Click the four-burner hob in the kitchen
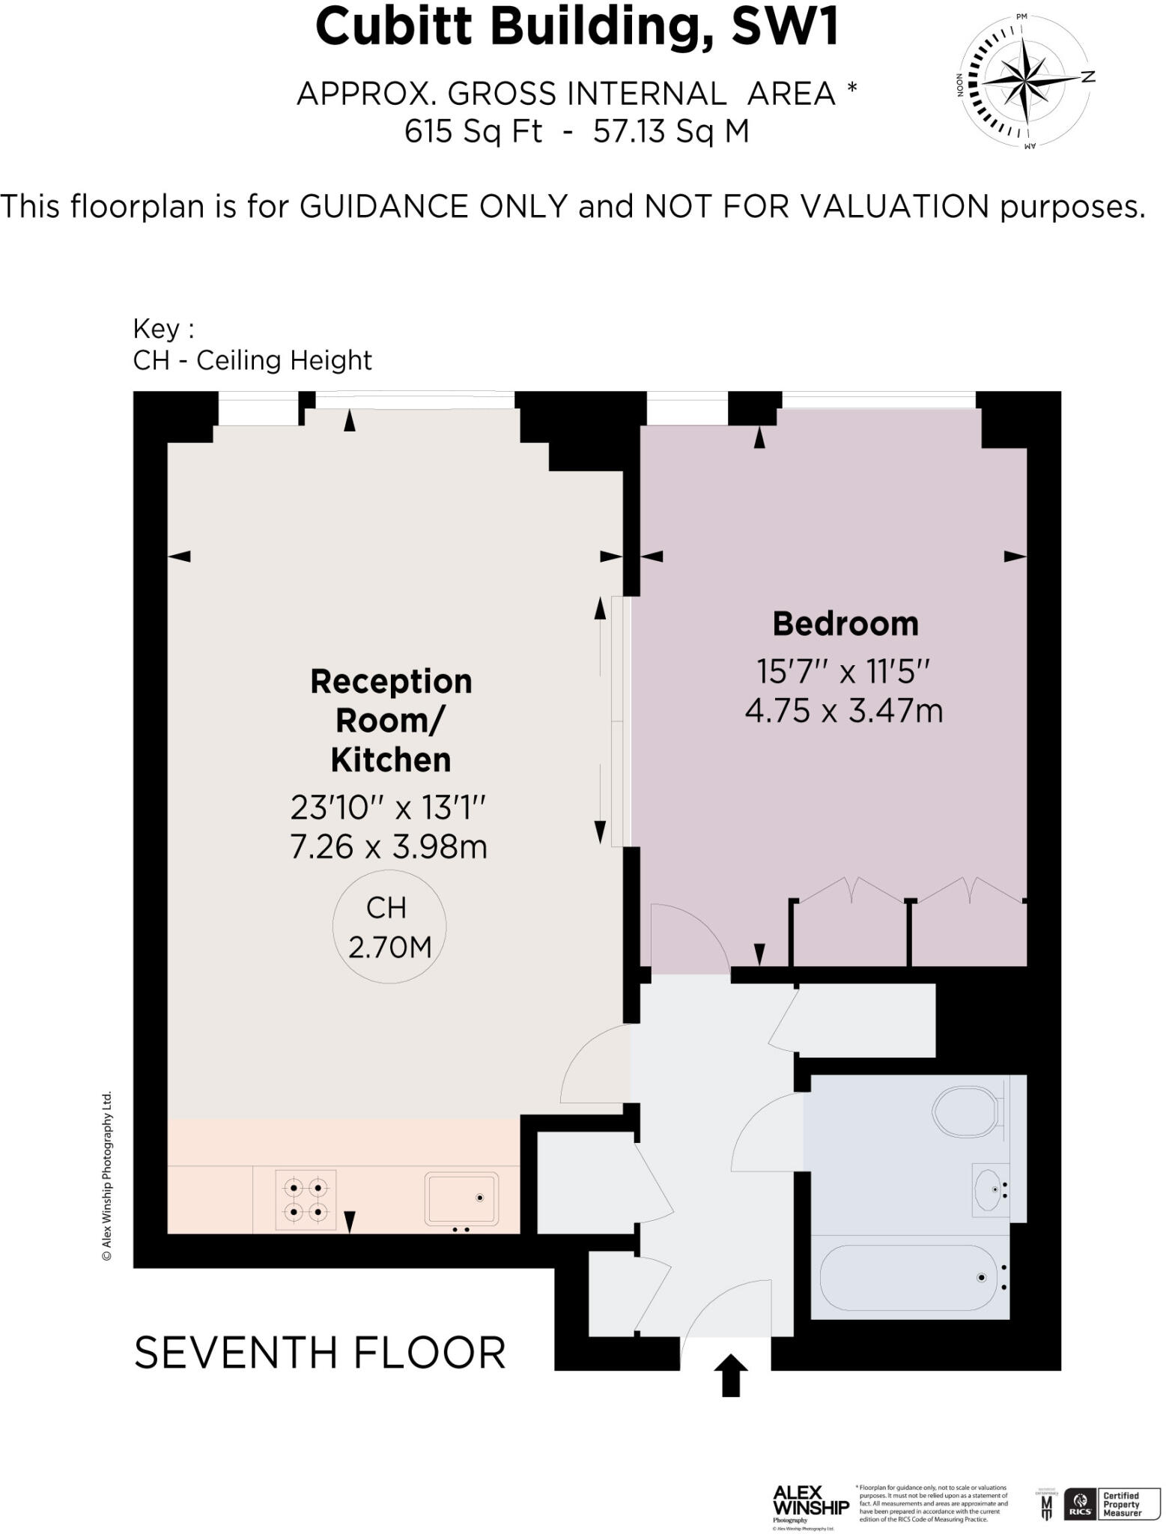(306, 1199)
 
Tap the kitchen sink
(461, 1198)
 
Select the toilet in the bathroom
(967, 1111)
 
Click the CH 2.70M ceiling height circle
(389, 927)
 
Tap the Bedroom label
(845, 624)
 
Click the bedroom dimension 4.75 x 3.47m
(843, 710)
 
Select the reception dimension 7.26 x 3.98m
(389, 846)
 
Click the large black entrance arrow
(730, 1375)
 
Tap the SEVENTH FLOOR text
(320, 1353)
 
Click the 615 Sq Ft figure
(473, 132)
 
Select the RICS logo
(1080, 1506)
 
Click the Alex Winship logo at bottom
(810, 1505)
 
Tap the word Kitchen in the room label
(391, 760)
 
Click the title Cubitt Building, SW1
(577, 27)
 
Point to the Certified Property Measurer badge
(1120, 1504)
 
